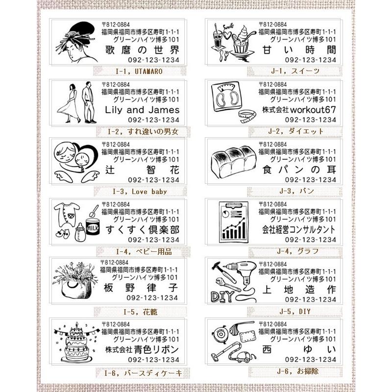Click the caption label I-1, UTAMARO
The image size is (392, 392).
coord(139,72)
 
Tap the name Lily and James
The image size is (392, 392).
coord(143,110)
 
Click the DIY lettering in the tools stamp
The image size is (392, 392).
coord(222,295)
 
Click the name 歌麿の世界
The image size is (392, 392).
coord(143,50)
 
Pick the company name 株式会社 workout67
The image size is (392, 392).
coord(300,109)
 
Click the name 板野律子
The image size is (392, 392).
coord(143,288)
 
